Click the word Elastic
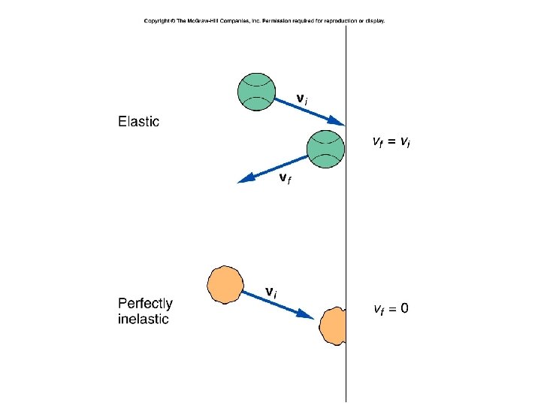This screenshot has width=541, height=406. pos(138,122)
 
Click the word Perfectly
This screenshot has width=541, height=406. pos(145,304)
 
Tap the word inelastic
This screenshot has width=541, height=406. pos(144,319)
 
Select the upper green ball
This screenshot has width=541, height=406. pos(256,92)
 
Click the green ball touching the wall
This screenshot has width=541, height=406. pos(326,148)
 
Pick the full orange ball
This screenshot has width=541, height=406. pos(225,283)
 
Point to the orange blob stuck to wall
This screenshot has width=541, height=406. pos(333,324)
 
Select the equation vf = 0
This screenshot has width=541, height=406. pos(391,308)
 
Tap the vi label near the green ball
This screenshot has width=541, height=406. pos(301,98)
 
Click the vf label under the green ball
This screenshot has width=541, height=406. pos(285,178)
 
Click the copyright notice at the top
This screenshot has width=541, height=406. pos(264,21)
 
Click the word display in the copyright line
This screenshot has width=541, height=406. pos(374,21)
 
